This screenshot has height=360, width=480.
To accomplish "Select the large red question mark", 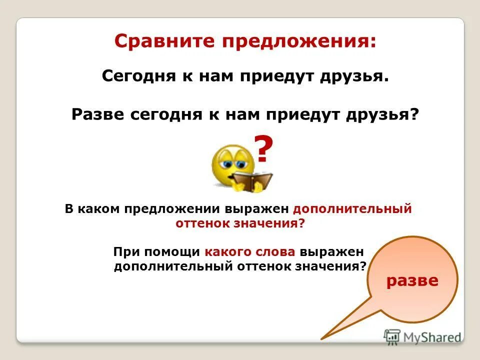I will click(x=264, y=149).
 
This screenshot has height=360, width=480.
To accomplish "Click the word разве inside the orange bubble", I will click(x=412, y=280).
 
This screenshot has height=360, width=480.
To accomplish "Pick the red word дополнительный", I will click(x=352, y=209).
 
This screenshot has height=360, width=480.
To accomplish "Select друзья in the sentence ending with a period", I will click(x=355, y=76).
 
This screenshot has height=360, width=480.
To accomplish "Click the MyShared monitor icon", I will click(x=392, y=336).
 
